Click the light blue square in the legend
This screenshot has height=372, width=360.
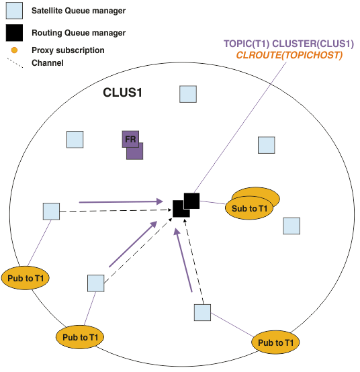tap(14, 11)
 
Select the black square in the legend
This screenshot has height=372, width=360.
tap(14, 33)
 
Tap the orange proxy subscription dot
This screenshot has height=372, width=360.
tap(14, 50)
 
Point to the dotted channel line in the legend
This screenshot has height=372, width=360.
tap(15, 63)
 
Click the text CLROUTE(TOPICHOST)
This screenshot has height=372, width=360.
tap(289, 55)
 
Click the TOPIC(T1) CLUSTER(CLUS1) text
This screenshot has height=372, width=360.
tap(289, 44)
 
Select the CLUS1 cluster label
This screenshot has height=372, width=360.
tap(122, 92)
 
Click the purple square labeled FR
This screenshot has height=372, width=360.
tap(130, 139)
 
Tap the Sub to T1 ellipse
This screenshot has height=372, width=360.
tap(249, 208)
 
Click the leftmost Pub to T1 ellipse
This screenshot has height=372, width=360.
tap(26, 278)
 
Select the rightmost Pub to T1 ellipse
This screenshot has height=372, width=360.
tap(275, 342)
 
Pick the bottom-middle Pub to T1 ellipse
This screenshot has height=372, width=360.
tap(80, 337)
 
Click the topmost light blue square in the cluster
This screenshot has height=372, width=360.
tap(188, 94)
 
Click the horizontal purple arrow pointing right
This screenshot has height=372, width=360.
tap(121, 202)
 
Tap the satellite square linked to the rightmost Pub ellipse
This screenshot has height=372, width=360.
tap(202, 312)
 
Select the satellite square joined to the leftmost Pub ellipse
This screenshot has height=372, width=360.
tap(51, 211)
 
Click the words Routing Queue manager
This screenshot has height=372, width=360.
tap(79, 33)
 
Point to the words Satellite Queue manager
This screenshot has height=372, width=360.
tap(79, 11)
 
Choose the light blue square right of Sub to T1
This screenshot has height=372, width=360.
tap(291, 226)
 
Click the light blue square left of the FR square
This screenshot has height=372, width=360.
tap(75, 140)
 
